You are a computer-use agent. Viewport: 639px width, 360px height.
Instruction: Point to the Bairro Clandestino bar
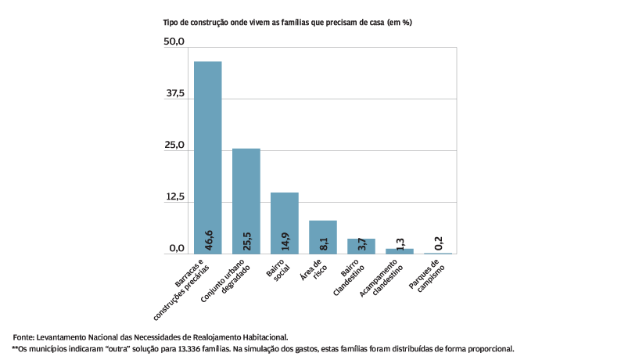click(361, 246)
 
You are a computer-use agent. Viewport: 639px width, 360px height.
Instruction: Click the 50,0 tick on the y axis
click(174, 41)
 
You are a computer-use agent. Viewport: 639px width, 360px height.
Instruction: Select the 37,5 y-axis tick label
click(174, 94)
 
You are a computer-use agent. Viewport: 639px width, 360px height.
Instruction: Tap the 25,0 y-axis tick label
click(174, 146)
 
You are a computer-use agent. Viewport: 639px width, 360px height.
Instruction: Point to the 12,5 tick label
click(174, 197)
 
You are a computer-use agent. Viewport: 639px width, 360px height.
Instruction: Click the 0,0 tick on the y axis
click(175, 249)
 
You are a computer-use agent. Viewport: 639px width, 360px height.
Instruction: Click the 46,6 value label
click(208, 239)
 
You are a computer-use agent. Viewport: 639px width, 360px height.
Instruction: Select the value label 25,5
click(246, 239)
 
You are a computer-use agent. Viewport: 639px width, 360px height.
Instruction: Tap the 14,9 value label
click(285, 239)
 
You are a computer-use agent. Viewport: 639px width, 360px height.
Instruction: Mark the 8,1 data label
click(323, 243)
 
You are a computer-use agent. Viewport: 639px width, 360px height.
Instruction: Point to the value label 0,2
click(439, 243)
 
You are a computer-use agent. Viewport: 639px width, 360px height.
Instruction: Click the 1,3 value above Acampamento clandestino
click(400, 243)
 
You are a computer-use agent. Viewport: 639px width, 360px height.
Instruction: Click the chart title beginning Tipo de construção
click(287, 23)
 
